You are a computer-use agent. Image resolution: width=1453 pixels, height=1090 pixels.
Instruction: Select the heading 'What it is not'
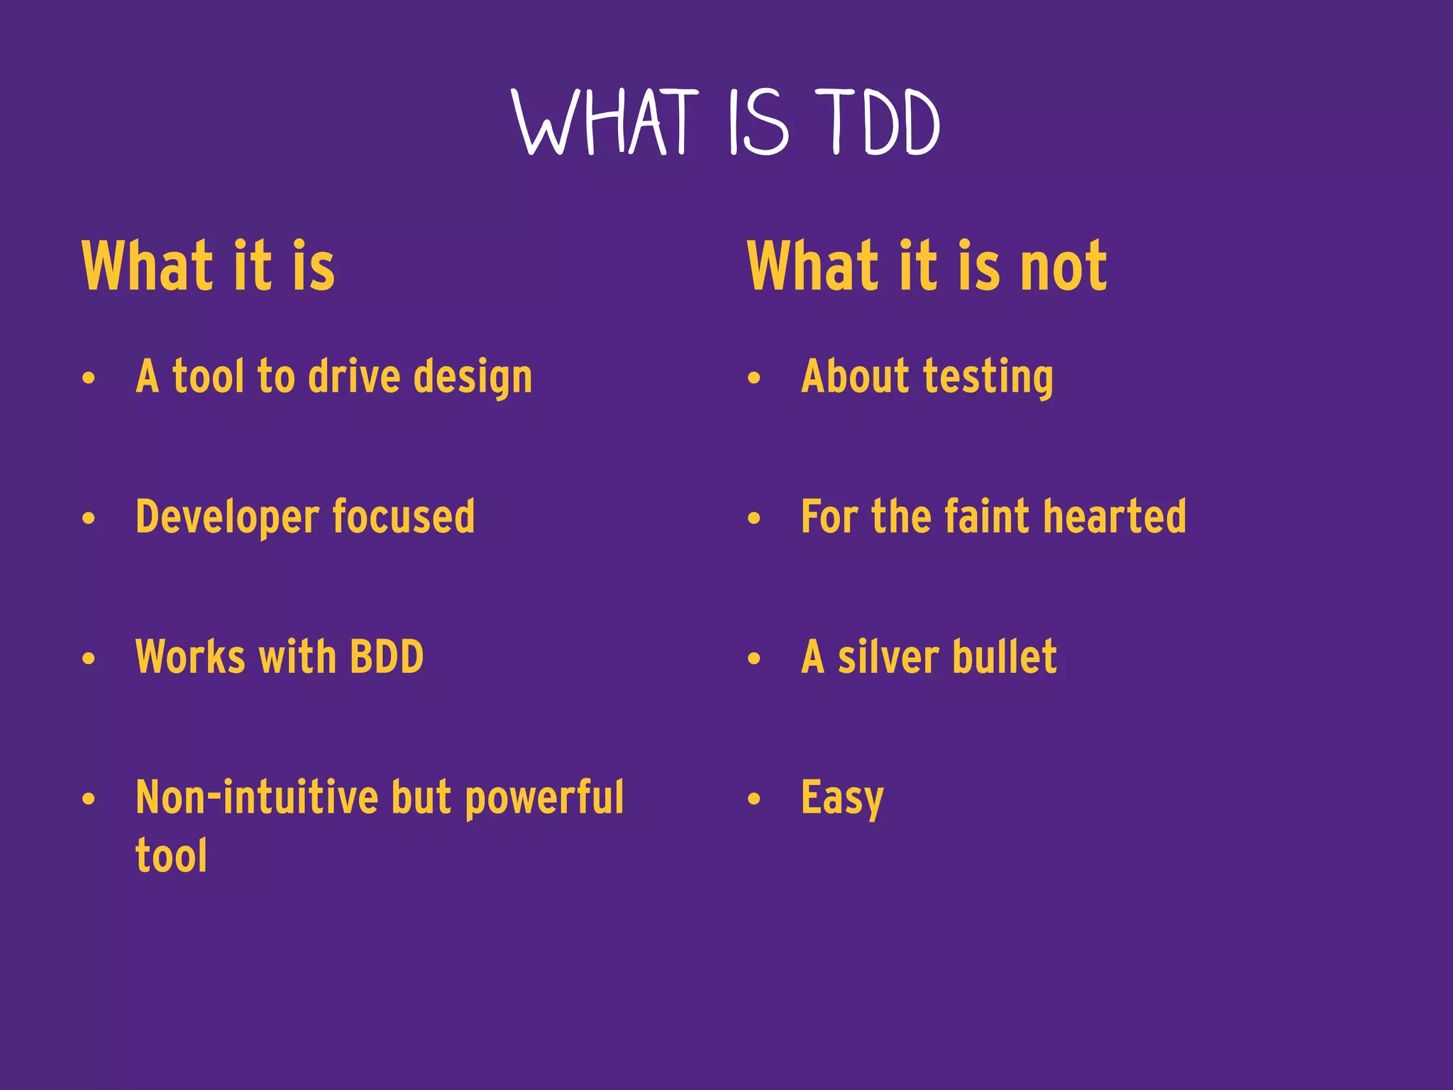(x=927, y=267)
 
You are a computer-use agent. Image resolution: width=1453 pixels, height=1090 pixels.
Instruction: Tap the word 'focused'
(x=404, y=517)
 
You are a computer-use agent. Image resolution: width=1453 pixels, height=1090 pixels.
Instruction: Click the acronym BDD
(x=387, y=657)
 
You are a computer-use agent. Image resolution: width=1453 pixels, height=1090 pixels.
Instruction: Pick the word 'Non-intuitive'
(x=256, y=798)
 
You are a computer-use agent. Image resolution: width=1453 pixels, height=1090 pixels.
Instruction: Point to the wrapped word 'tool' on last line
(x=171, y=856)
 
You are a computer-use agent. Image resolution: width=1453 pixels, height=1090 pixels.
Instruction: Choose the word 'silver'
(x=888, y=657)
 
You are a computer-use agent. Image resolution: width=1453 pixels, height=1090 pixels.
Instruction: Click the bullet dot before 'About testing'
(x=753, y=378)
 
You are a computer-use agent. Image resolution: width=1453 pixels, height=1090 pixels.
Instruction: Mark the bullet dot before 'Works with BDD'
(x=88, y=659)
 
